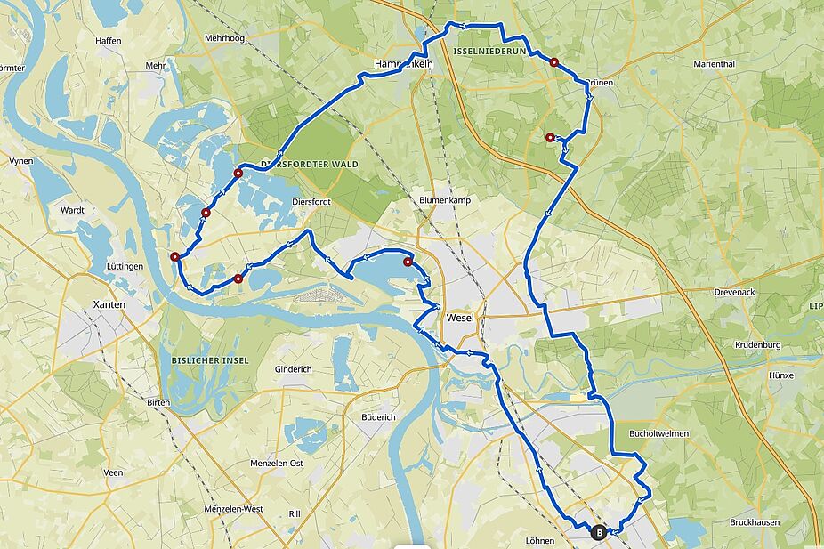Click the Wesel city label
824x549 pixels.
[461, 318]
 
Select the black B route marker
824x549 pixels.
[599, 533]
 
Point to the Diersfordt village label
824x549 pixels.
[311, 202]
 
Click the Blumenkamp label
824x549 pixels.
[444, 200]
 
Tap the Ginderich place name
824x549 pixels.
[294, 368]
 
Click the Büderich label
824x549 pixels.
[378, 416]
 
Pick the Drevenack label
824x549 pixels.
[736, 292]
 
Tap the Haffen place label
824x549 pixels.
[108, 41]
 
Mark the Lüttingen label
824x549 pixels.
[124, 266]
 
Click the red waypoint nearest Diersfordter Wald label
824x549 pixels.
[238, 173]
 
